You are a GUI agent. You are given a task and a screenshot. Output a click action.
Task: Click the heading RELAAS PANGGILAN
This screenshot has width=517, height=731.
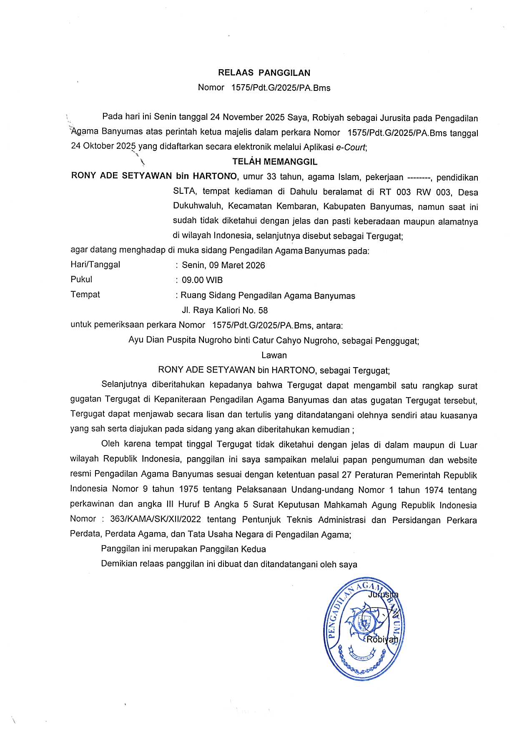click(x=264, y=73)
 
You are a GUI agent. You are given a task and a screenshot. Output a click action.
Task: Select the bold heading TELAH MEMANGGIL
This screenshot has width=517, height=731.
click(x=275, y=162)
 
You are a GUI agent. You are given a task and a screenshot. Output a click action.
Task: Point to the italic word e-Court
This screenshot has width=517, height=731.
click(x=351, y=147)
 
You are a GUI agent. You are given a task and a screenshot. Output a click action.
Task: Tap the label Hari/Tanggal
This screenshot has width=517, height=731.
click(x=95, y=265)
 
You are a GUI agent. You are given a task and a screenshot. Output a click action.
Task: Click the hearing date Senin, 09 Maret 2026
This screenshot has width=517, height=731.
click(x=223, y=265)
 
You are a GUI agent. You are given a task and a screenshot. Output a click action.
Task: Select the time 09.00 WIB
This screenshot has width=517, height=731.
click(x=202, y=280)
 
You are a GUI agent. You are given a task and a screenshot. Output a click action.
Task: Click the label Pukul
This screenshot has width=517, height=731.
click(x=81, y=280)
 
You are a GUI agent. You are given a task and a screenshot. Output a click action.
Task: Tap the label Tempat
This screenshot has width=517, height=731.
click(x=85, y=295)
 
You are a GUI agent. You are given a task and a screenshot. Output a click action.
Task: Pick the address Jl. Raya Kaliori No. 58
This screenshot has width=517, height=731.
click(x=225, y=310)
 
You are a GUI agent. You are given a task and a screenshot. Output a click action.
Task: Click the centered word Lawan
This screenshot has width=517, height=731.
click(x=274, y=355)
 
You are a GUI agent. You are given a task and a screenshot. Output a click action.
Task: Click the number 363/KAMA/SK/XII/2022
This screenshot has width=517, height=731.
click(x=156, y=520)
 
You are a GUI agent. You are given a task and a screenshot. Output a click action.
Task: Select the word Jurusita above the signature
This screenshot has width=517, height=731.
click(x=383, y=595)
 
